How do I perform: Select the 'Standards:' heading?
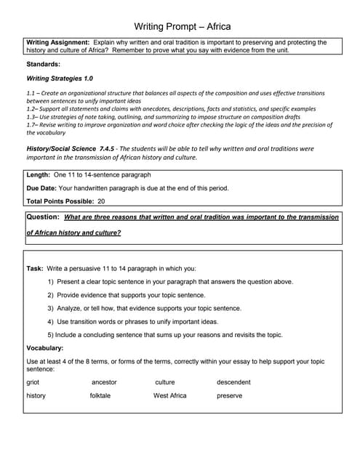coord(43,64)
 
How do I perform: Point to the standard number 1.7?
coord(31,124)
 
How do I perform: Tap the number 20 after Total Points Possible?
coord(101,201)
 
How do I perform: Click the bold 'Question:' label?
coord(43,217)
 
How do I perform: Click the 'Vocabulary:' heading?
coord(44,347)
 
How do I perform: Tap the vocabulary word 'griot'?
coord(33,382)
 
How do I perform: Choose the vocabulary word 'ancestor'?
coord(104,382)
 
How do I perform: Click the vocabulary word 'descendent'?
coord(233,382)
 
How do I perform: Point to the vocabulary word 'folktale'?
coord(100,396)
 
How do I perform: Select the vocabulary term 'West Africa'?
coord(169,396)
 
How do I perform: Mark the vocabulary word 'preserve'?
coord(229,396)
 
